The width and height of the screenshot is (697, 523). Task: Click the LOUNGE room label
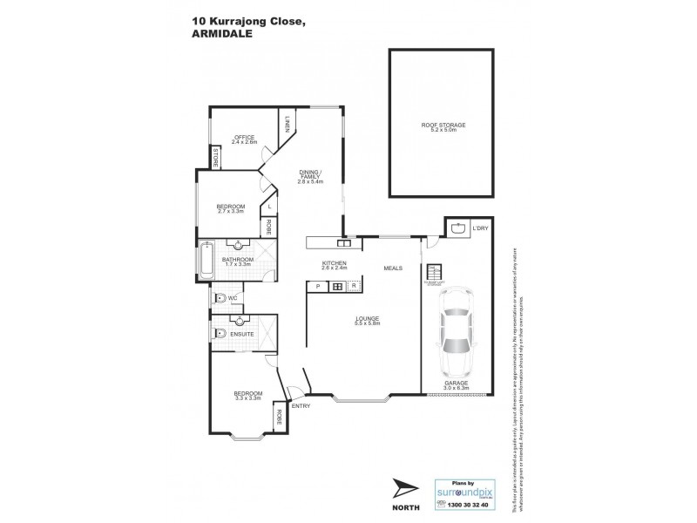(367, 320)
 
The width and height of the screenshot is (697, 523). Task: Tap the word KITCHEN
(335, 263)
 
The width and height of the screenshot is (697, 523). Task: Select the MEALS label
(394, 268)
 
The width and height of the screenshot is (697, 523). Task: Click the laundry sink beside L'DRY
(458, 229)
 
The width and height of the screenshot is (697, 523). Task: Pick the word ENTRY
(301, 406)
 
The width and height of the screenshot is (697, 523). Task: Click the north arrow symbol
(405, 490)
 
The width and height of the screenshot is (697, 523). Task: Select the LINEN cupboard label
(288, 125)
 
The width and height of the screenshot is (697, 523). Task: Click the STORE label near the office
(214, 158)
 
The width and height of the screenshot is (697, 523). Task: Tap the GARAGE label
(457, 383)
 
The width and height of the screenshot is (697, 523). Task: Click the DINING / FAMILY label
(311, 177)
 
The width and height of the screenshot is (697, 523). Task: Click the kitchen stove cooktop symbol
(337, 286)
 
